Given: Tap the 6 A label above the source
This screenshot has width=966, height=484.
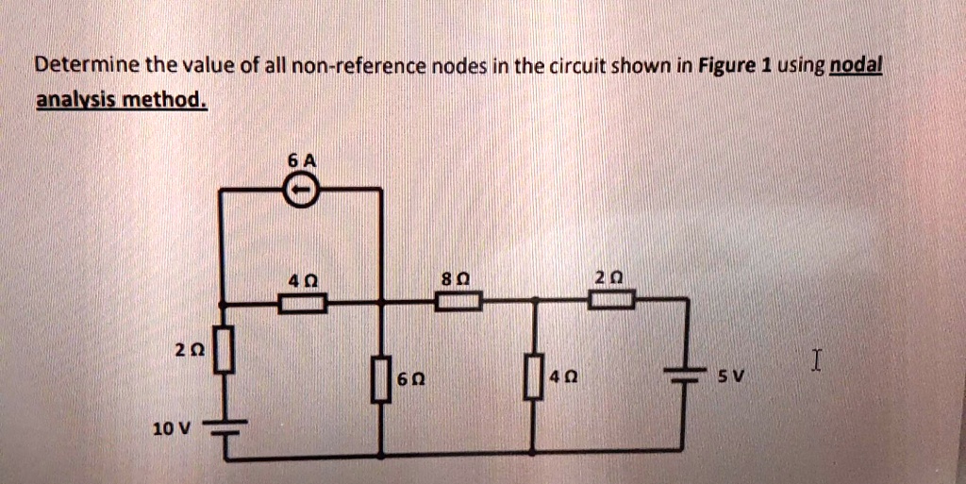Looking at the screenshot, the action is coord(301,161).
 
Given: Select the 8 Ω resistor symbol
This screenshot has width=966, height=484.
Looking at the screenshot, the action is coord(458,301).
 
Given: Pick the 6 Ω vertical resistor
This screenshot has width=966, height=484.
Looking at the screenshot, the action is coord(381,380).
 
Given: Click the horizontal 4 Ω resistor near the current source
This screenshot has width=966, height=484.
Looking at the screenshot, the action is coord(302,302).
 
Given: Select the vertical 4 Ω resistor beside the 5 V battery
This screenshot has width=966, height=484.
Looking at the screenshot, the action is coord(535,376).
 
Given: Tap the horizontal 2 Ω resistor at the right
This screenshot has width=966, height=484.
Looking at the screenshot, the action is coord(611,300).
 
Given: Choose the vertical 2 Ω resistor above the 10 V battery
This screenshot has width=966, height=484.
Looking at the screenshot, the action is coord(225,350).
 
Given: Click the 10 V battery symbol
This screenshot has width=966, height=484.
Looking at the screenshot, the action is coord(228,428).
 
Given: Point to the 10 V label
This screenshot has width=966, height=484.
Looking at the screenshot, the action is coord(174,428).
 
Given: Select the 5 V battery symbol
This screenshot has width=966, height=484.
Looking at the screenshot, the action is coord(683,375).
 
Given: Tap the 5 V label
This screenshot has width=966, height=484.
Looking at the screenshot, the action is coord(732,375).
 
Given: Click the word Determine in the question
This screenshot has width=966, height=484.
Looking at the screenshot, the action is coord(88,65).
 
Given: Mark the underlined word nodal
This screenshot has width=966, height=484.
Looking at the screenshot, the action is coord(857,65).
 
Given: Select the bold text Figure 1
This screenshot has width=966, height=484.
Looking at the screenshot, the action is coord(736,65).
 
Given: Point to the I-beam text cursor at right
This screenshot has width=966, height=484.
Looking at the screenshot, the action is coord(817,359).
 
